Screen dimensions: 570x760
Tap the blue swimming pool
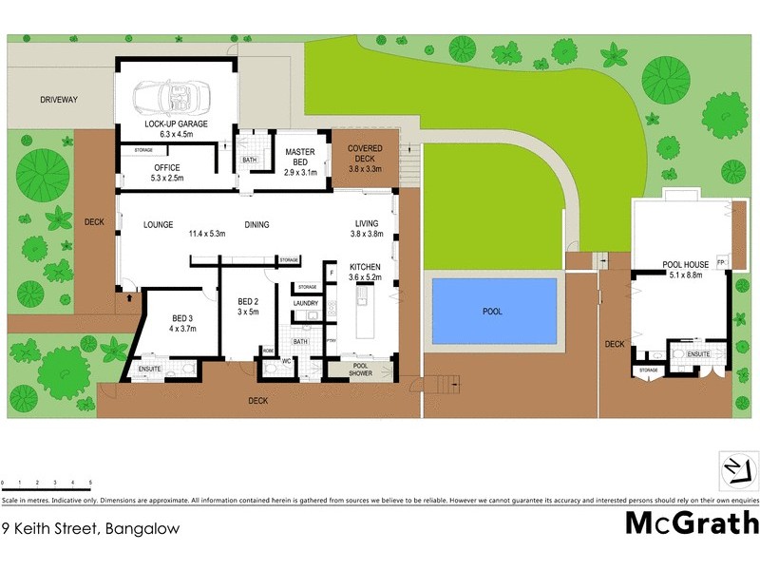coord(493,311)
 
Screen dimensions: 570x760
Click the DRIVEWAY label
coord(59,100)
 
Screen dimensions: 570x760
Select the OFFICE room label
coord(167,168)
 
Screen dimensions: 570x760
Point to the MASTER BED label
coord(300,152)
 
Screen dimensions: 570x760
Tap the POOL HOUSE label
coord(685,264)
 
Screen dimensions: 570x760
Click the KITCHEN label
coord(365,266)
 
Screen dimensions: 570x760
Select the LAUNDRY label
coord(306,303)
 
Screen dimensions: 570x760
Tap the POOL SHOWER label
coord(360,369)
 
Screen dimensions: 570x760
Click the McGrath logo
coord(692,523)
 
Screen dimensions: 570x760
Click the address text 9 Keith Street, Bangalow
coord(89,527)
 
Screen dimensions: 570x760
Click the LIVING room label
coord(367,224)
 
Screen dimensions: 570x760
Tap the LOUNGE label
coord(158,225)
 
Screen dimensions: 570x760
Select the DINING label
coord(256,225)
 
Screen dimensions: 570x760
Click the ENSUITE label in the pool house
coord(700,353)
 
